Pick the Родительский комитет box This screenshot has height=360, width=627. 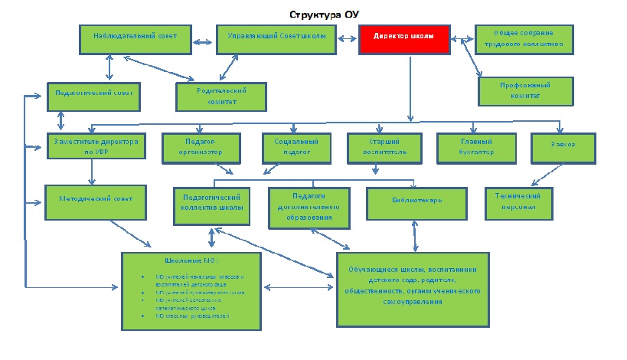pyautogui.click(x=221, y=96)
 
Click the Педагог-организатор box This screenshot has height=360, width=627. pyautogui.click(x=201, y=146)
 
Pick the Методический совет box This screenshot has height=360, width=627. pyautogui.click(x=95, y=199)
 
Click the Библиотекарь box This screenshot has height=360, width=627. pyautogui.click(x=416, y=201)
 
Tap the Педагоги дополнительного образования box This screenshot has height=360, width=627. pyautogui.click(x=310, y=206)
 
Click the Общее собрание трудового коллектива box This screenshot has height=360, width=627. pyautogui.click(x=524, y=38)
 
